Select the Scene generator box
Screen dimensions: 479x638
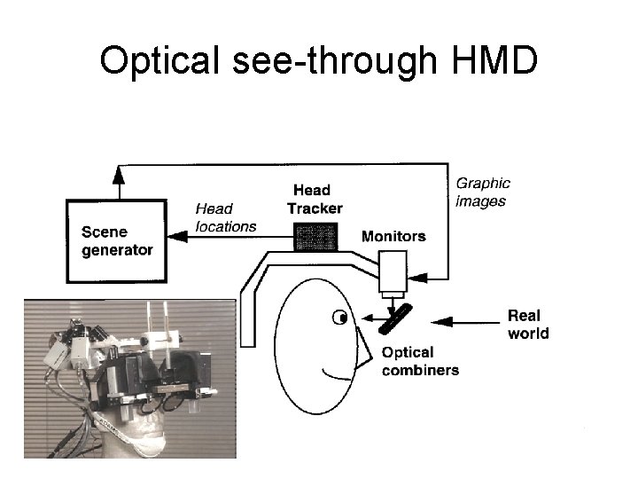point(117,241)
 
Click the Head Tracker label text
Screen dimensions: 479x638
point(314,199)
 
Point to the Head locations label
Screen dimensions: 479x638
point(225,217)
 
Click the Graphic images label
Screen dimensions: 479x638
point(482,192)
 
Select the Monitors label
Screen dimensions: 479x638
point(393,236)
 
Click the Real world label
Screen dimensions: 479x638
point(528,325)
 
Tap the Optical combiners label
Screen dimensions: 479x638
point(420,361)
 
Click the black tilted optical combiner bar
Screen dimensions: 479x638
point(394,319)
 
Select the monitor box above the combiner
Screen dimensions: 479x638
point(393,271)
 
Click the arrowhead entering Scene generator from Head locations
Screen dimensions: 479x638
point(174,236)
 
